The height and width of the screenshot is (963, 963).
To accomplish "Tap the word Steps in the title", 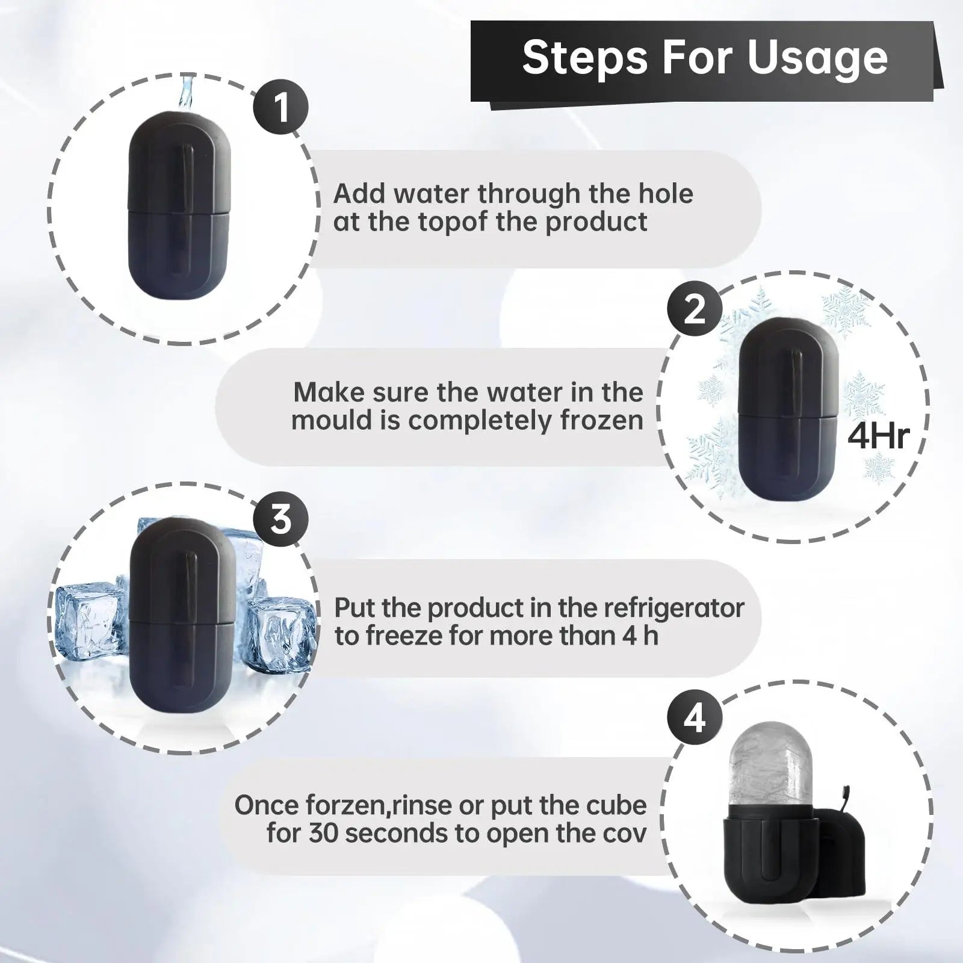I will (584, 58).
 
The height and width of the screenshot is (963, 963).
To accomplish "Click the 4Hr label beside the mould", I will (878, 435).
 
